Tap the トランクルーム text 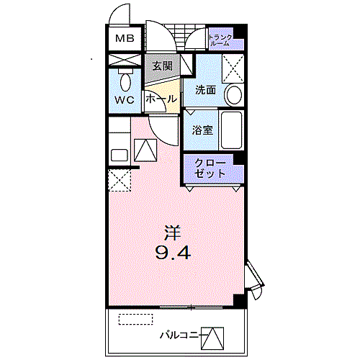tap(220, 40)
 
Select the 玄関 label tap(162, 66)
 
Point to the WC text tap(125, 100)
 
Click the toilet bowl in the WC tap(125, 78)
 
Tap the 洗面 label tap(205, 91)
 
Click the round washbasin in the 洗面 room tap(233, 95)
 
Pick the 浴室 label tap(202, 130)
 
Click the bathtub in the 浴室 tap(231, 130)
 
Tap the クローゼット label tap(210, 168)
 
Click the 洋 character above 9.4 tap(171, 233)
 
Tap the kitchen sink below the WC tap(118, 154)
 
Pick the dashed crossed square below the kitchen tap(119, 179)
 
